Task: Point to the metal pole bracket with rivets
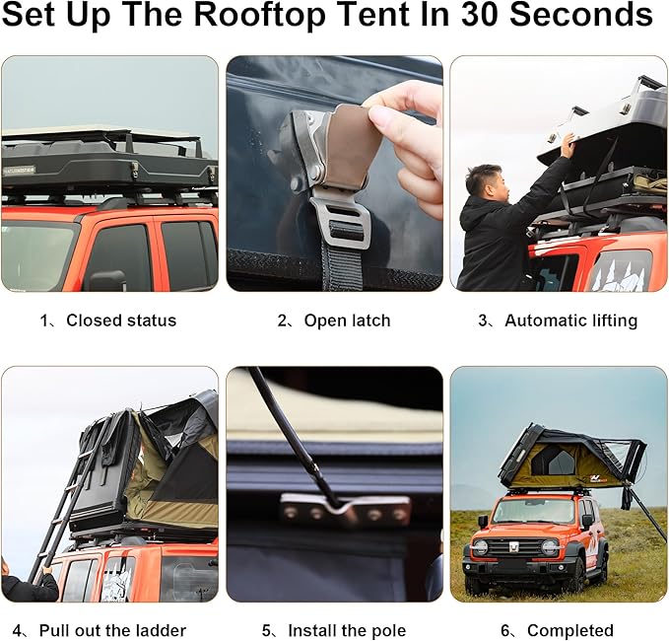[345, 510]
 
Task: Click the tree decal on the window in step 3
[620, 270]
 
